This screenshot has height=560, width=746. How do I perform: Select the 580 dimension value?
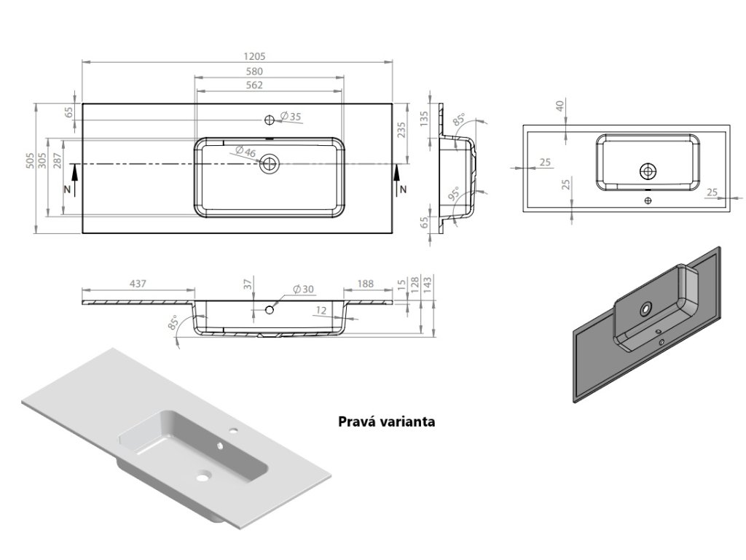coord(254,71)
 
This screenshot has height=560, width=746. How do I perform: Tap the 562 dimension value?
coord(254,85)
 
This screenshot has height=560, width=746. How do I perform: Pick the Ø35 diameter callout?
coord(291,117)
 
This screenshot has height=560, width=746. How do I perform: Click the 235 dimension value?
coord(401,131)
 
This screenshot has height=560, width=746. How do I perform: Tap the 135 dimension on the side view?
coord(424,120)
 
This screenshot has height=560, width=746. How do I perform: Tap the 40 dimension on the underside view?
coord(559,106)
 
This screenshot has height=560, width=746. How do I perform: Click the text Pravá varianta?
coord(386,421)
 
